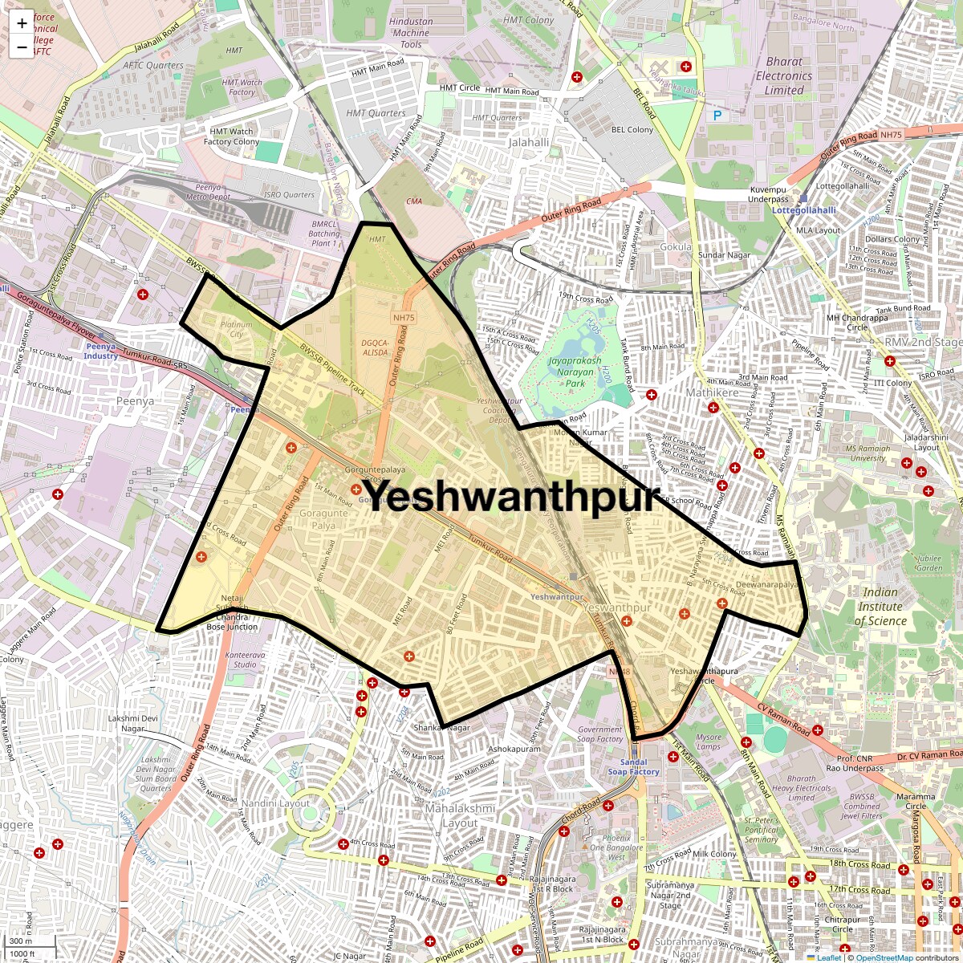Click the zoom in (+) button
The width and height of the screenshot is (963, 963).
tap(22, 22)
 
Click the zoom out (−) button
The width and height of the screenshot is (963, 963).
tap(22, 47)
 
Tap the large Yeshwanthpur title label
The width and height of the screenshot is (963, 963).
tap(510, 495)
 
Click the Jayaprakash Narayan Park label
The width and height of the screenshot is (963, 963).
tap(575, 372)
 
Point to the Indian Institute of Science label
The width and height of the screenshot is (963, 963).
tap(880, 606)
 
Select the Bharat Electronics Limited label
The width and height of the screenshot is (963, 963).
tap(783, 75)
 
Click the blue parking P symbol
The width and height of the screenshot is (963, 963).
tap(717, 116)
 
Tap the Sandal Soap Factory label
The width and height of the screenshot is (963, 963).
tap(633, 767)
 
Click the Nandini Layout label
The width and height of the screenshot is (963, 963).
tap(275, 803)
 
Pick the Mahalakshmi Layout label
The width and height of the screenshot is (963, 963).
tap(460, 815)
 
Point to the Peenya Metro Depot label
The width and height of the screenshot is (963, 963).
tap(208, 192)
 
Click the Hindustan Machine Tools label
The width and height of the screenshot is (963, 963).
tap(411, 33)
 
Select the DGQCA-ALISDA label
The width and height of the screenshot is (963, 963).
tap(375, 347)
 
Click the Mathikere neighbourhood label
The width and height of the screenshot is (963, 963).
tap(712, 392)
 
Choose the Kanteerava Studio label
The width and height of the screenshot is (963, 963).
tap(246, 660)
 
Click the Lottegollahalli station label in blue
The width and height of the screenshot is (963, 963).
tap(803, 210)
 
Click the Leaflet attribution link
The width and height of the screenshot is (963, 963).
tap(829, 957)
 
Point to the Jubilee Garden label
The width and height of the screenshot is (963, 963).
tap(928, 563)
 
